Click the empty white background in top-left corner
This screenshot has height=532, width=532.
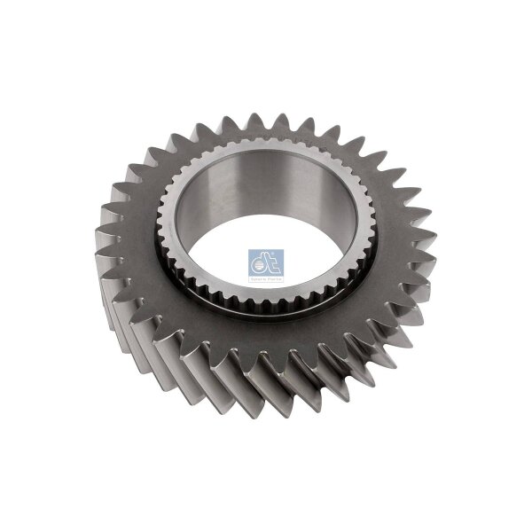click(35, 35)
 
